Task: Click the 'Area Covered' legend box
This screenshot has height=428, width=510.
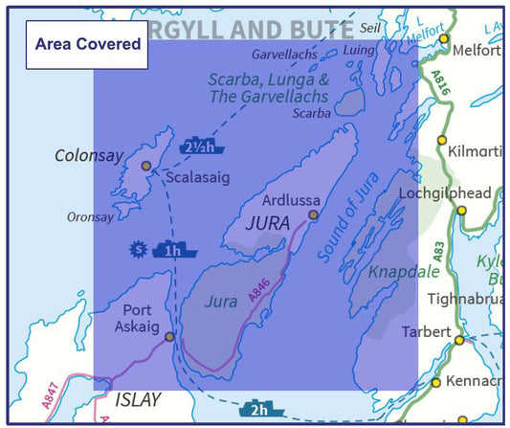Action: click(x=87, y=44)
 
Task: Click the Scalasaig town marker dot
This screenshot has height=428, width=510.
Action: click(x=146, y=166)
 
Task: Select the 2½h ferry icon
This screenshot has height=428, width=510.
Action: click(x=202, y=146)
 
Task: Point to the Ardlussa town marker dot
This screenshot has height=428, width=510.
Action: click(x=312, y=214)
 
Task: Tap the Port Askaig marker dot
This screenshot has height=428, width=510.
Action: click(x=169, y=336)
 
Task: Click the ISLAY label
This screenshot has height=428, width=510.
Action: click(x=139, y=400)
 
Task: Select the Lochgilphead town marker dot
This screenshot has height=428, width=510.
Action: click(x=461, y=210)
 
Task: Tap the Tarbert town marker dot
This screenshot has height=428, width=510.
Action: click(x=459, y=340)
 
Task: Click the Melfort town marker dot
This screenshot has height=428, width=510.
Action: click(x=444, y=38)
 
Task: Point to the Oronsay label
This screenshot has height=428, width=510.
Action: click(x=90, y=217)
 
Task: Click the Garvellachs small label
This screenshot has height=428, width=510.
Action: click(x=283, y=56)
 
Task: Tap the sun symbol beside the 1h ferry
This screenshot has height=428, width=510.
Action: click(x=139, y=250)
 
